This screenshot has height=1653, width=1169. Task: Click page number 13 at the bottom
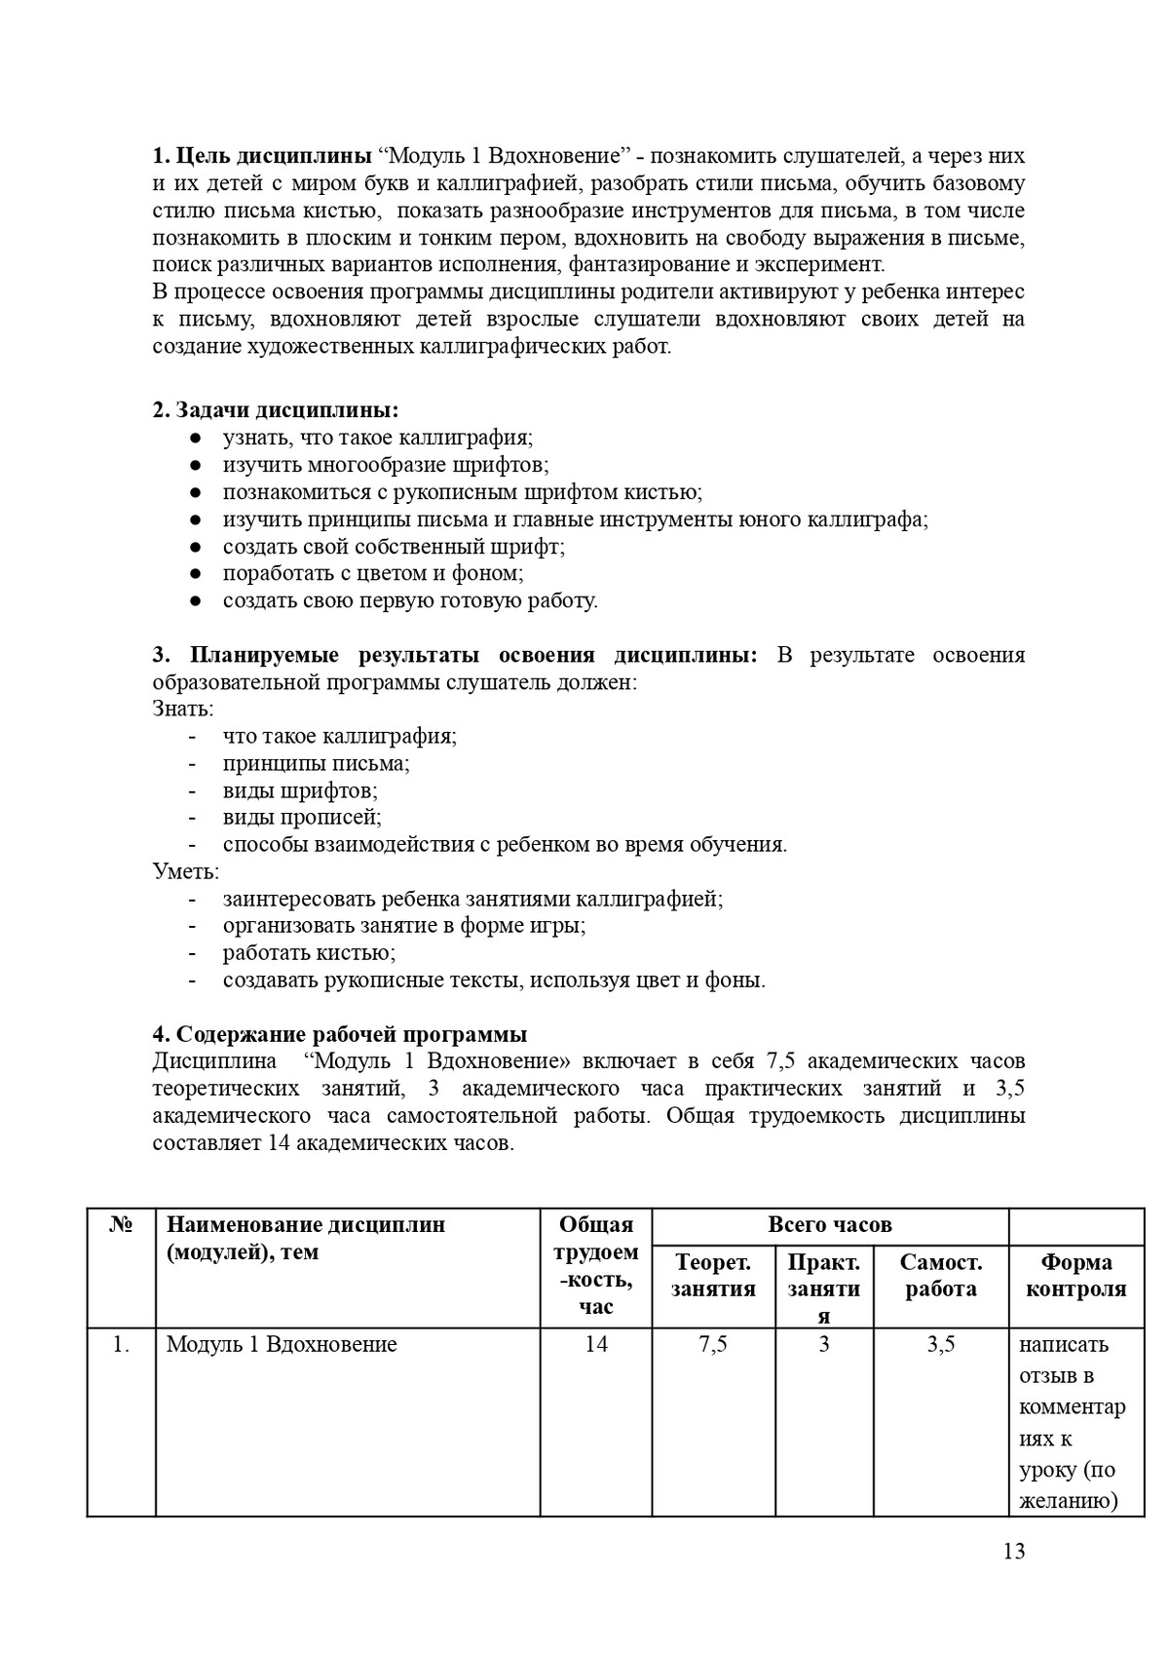coord(1013,1552)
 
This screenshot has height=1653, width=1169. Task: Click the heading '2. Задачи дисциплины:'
coord(276,410)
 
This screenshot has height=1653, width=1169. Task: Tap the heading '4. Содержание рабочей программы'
coord(340,1034)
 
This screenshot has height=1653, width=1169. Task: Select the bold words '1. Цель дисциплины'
coord(261,156)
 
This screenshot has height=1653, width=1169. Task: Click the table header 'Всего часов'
coord(830,1225)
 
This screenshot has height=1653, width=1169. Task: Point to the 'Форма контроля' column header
coord(1076,1276)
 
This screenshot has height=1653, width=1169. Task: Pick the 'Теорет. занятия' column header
coord(713,1276)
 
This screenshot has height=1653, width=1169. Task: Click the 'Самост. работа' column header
coord(941,1276)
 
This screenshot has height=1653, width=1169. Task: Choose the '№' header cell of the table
coord(121,1225)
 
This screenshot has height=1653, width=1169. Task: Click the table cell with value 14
coord(596,1345)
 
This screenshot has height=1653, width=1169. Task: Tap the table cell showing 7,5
coord(713,1345)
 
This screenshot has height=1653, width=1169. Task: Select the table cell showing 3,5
coord(941,1345)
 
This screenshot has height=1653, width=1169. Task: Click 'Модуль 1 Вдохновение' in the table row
coord(282,1345)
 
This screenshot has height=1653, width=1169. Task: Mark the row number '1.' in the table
coord(121,1345)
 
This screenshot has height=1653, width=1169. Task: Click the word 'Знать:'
coord(183,709)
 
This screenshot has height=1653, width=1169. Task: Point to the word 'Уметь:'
coord(186,871)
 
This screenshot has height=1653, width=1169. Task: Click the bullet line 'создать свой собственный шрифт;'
coord(394,547)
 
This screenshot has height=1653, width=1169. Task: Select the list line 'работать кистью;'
coord(309,953)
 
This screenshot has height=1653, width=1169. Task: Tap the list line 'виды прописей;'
coord(302,818)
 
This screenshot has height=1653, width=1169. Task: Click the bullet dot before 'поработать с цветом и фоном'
coord(195,574)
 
